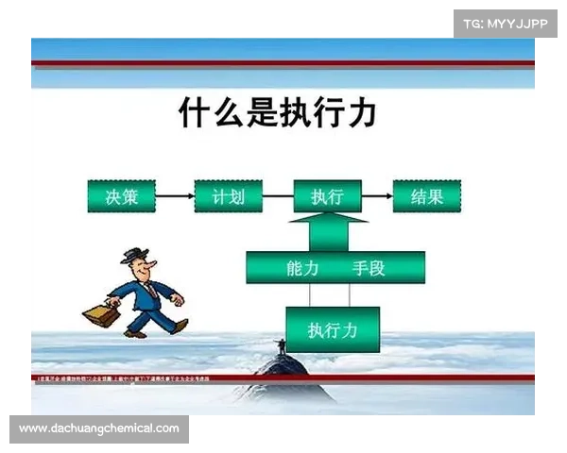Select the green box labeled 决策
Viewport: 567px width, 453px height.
click(120, 196)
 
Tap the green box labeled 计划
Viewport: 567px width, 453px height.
click(227, 196)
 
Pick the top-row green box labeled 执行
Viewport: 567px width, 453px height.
click(327, 196)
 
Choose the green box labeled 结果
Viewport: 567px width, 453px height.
click(426, 196)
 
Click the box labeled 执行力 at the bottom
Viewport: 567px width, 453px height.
click(332, 329)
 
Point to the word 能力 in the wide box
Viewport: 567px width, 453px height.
click(303, 268)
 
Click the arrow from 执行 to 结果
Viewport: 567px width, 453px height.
click(377, 196)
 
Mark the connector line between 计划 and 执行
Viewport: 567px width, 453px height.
click(277, 196)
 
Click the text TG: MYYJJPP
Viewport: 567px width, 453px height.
click(506, 23)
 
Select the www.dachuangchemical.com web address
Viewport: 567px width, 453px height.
click(98, 429)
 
